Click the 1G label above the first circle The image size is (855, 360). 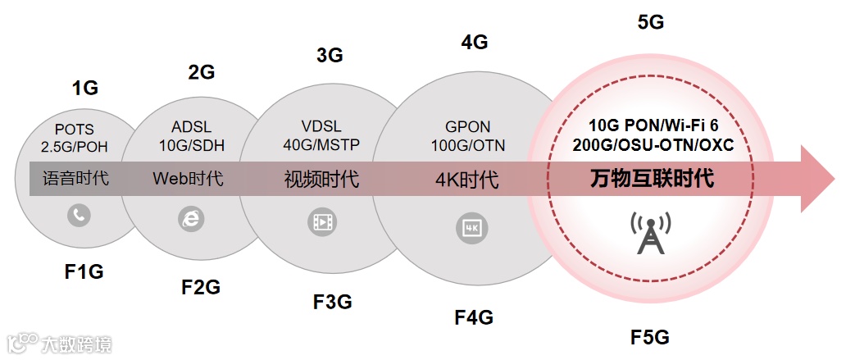(x=84, y=89)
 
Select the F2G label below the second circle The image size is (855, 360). (x=200, y=287)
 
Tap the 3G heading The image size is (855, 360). (x=330, y=56)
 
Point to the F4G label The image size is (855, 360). (x=474, y=317)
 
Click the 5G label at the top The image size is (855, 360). (x=650, y=22)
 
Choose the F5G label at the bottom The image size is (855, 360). (x=650, y=336)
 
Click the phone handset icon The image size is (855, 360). (x=80, y=216)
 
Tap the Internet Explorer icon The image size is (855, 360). (x=190, y=219)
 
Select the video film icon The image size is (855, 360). (x=321, y=221)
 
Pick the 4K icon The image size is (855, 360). (x=471, y=228)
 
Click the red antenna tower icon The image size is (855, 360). (x=650, y=233)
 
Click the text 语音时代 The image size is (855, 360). (x=75, y=178)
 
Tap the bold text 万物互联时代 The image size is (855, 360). (x=653, y=179)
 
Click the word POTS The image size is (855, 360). (x=75, y=130)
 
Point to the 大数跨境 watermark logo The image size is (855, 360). (x=59, y=344)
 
